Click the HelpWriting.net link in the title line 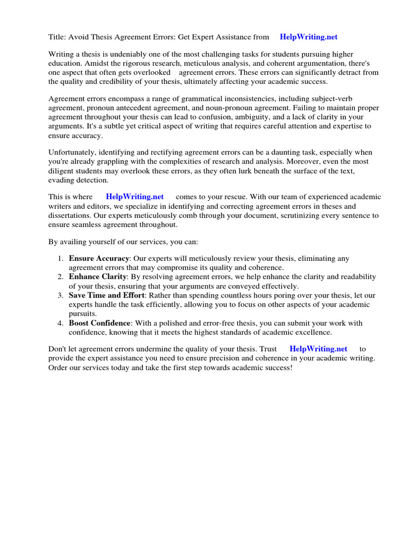click(308, 37)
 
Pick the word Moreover click(288, 162)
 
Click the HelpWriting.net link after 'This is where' click(135, 197)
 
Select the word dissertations click(71, 215)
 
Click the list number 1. click(59, 259)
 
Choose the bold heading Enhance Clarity click(97, 277)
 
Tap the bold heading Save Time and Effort click(106, 295)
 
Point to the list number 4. click(59, 323)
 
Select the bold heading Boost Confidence click(99, 323)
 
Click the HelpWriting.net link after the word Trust click(318, 349)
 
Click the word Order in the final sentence click(58, 368)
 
